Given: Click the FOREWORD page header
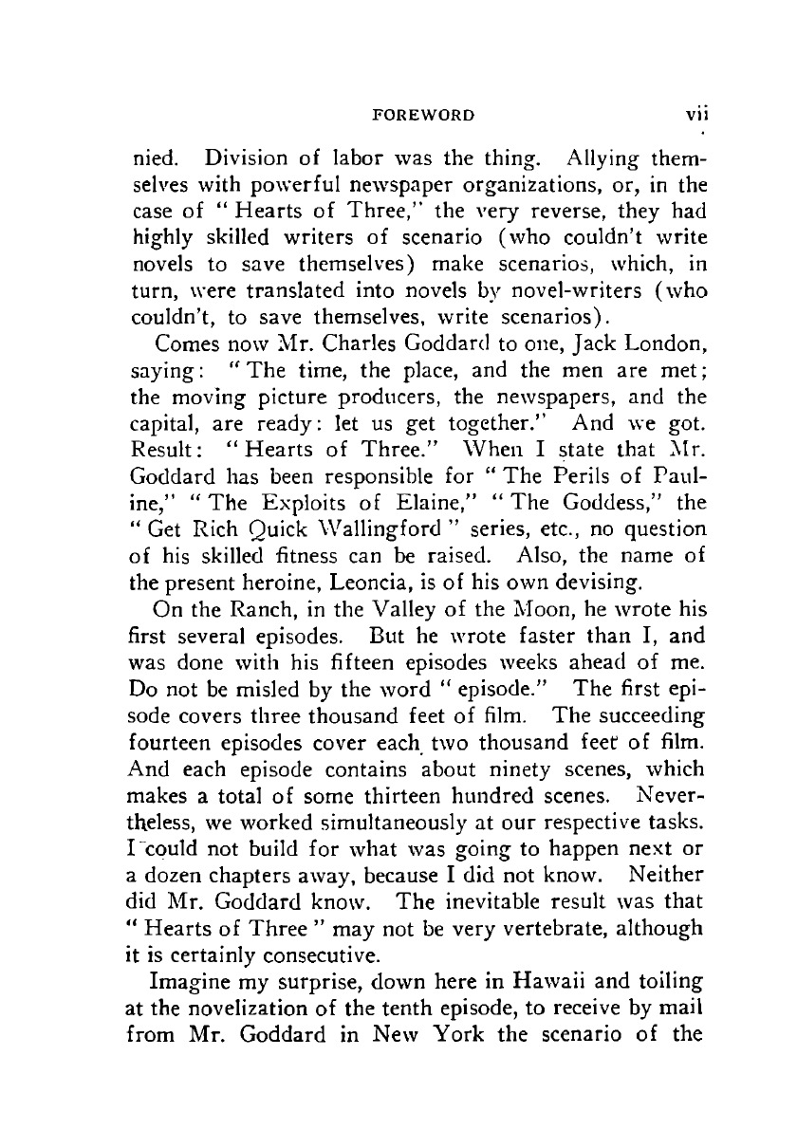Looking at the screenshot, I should pos(422,115).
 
